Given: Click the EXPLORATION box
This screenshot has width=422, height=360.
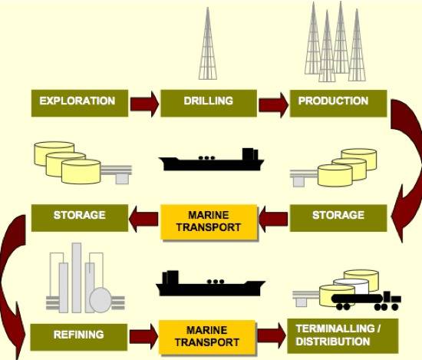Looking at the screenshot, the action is (80, 103).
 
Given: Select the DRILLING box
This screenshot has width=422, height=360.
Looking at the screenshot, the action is (209, 103).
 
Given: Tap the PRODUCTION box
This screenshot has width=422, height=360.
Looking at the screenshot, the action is (338, 103).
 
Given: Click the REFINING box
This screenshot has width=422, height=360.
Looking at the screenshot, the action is (78, 337).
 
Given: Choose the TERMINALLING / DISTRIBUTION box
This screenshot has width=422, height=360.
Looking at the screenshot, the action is (343, 336).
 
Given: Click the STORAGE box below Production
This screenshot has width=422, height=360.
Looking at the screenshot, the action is (338, 218).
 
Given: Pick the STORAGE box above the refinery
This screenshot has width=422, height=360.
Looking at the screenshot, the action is (80, 218).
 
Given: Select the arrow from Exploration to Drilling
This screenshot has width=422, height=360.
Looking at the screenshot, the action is (144, 104).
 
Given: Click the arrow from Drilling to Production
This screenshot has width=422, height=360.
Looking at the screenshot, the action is (273, 104).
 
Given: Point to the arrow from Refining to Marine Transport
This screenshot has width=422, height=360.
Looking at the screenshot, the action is (144, 336).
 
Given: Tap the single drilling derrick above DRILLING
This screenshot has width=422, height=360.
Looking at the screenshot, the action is (207, 43).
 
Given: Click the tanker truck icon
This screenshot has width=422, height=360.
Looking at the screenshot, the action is (366, 301).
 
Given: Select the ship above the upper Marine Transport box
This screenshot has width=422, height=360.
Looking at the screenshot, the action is (212, 160).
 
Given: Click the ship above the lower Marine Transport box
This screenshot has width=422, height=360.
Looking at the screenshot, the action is (210, 283).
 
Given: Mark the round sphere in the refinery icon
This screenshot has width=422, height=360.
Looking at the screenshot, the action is (100, 299).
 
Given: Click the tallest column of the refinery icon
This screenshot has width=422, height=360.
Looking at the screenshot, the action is (77, 278).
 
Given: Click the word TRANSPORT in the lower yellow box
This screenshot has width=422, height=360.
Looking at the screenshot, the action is (207, 342).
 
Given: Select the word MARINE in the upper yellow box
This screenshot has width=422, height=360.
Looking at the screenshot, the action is (208, 215).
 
